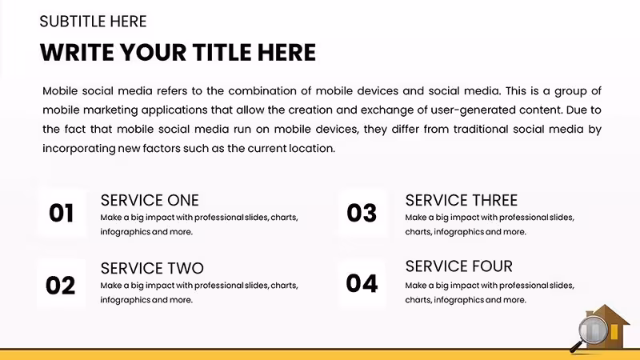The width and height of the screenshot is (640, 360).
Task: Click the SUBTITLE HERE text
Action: tap(93, 22)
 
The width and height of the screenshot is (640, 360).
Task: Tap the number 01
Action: tap(62, 213)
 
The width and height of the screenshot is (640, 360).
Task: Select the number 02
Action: tap(61, 286)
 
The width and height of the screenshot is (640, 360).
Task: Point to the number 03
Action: tap(362, 213)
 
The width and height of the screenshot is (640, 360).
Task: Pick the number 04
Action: tap(362, 284)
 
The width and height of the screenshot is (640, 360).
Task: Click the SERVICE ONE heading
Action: tap(150, 201)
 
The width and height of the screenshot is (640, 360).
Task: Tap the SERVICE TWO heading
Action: tap(152, 269)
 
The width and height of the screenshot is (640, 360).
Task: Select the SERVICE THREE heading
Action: tap(462, 201)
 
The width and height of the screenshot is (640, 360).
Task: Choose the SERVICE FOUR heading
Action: tap(458, 266)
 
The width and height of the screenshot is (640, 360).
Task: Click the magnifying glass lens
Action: tap(594, 330)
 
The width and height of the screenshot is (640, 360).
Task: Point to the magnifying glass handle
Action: tap(576, 347)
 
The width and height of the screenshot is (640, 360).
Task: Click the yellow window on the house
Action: tap(614, 332)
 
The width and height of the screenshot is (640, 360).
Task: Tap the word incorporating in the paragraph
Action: tap(79, 149)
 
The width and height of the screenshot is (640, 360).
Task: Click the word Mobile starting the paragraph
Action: tap(60, 91)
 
